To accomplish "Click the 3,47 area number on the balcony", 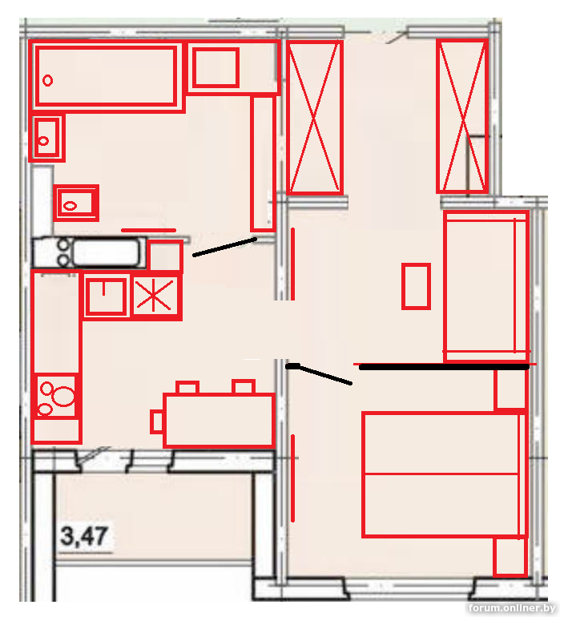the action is tap(84, 536).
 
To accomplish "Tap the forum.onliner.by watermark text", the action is tap(512, 608).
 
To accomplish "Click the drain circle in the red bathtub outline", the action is tap(48, 80).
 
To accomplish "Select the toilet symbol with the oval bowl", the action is tap(76, 204).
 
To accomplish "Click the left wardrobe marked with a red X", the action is tap(315, 117).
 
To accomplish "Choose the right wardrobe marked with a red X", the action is tap(462, 116).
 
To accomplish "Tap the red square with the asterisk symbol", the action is tap(155, 296).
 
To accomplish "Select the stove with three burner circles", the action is tap(56, 397).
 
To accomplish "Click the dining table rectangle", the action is tap(220, 420).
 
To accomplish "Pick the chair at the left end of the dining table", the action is tap(157, 421).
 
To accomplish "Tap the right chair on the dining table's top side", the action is tap(244, 387).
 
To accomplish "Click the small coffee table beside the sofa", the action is tap(416, 286).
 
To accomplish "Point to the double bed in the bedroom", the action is tap(443, 474).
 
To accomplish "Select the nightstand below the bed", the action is tap(510, 557).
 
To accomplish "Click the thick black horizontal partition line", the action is tap(444, 367).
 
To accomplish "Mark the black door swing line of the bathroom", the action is tap(224, 247).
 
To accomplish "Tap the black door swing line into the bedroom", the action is tap(319, 374).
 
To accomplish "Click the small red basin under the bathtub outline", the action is tap(47, 139).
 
